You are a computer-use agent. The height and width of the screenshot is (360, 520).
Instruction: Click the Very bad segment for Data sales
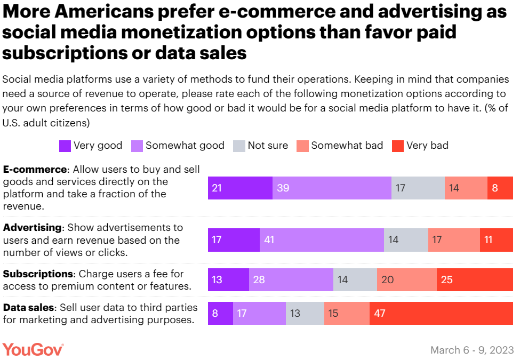(x=441, y=313)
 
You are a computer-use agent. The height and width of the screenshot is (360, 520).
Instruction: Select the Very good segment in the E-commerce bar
(x=240, y=188)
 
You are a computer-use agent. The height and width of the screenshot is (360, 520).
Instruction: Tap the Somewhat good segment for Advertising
(x=322, y=240)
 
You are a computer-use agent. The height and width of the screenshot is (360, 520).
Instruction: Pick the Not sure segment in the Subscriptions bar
(x=355, y=279)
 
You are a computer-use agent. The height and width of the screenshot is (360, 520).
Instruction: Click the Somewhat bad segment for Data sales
(x=347, y=313)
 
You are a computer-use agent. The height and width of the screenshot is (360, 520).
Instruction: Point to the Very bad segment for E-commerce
(x=500, y=188)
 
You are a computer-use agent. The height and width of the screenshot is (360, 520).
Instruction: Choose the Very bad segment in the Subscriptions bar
(x=475, y=279)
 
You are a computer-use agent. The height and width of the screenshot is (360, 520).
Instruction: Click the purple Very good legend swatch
(x=65, y=146)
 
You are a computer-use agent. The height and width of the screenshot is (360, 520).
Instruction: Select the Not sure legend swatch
(x=239, y=146)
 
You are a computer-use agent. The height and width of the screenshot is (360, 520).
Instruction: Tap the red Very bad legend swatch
(x=397, y=146)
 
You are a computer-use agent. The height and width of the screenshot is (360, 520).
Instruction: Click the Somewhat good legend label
(x=185, y=146)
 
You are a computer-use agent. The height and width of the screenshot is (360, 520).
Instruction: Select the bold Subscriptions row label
(x=38, y=274)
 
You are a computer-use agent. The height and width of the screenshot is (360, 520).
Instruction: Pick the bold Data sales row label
(x=29, y=308)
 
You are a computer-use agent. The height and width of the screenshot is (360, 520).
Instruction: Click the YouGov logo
(x=33, y=349)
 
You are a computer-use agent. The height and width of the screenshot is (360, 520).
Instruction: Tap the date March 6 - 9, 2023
(x=472, y=350)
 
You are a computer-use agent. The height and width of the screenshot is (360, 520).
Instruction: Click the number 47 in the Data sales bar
(x=379, y=313)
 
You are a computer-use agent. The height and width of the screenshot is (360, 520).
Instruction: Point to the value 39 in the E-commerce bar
(x=283, y=188)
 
